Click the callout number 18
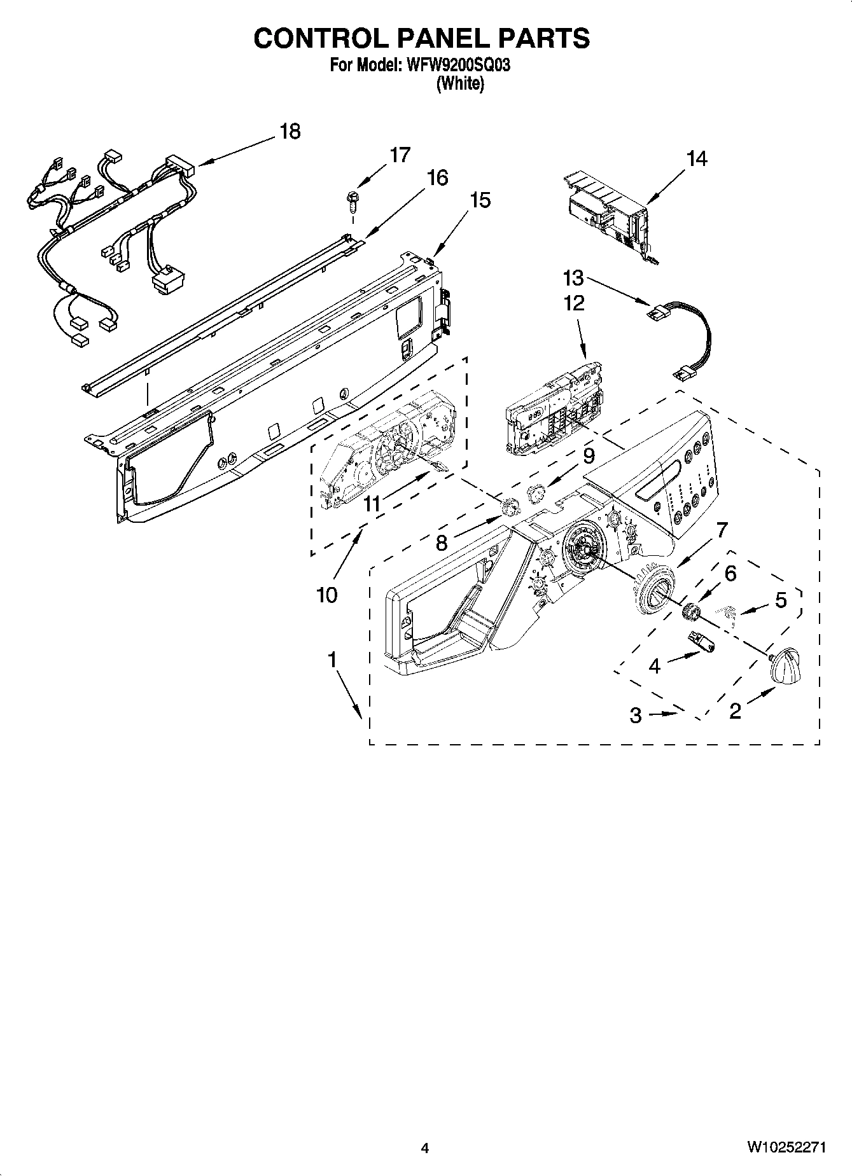pyautogui.click(x=290, y=132)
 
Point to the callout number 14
pyautogui.click(x=697, y=158)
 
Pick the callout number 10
pyautogui.click(x=326, y=595)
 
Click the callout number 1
pyautogui.click(x=332, y=660)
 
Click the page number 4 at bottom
pyautogui.click(x=425, y=1148)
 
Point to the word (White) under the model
pyautogui.click(x=459, y=84)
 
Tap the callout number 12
pyautogui.click(x=574, y=303)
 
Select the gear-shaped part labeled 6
pyautogui.click(x=690, y=612)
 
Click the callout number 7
pyautogui.click(x=722, y=530)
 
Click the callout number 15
pyautogui.click(x=480, y=200)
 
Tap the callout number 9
pyautogui.click(x=589, y=455)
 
